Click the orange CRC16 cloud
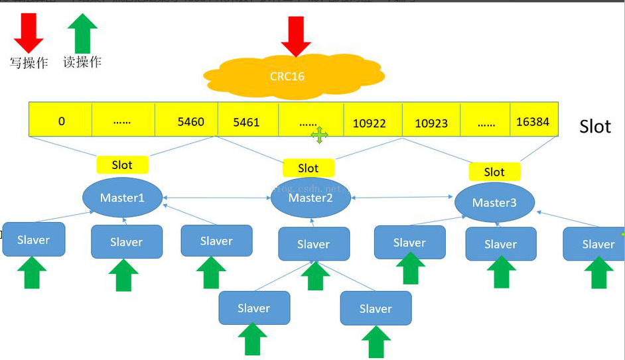click(288, 76)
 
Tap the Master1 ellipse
click(123, 197)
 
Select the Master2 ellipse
click(311, 197)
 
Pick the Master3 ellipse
click(494, 202)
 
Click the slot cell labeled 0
click(61, 121)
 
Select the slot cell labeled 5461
click(247, 122)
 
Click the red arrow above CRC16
click(296, 37)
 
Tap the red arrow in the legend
click(28, 33)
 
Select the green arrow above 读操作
click(82, 32)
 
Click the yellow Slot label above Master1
click(122, 164)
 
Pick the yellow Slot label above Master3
click(494, 172)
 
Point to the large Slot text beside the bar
click(594, 126)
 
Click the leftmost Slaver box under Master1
click(34, 239)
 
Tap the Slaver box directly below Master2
click(313, 244)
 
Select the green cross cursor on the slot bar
click(319, 136)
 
